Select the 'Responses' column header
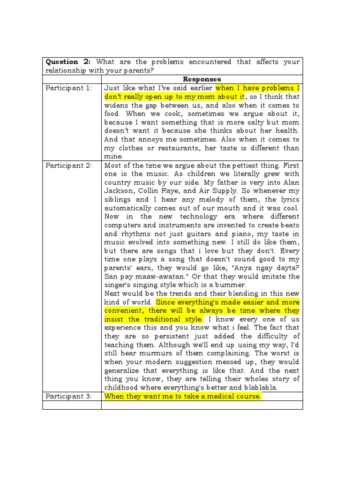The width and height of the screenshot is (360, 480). pos(202,79)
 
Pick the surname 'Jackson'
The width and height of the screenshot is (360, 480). pos(119,191)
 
